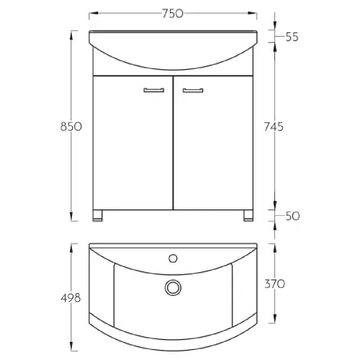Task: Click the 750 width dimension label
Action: pos(173,14)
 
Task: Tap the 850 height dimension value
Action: pos(71,127)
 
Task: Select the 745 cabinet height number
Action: pos(274,127)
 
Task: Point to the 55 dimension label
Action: pos(292,37)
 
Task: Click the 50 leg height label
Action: pos(292,216)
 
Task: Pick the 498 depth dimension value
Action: pos(71,298)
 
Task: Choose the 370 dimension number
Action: pos(274,284)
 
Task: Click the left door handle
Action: pos(154,90)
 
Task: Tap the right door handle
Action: pos(193,91)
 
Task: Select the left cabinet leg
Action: pos(97,215)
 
